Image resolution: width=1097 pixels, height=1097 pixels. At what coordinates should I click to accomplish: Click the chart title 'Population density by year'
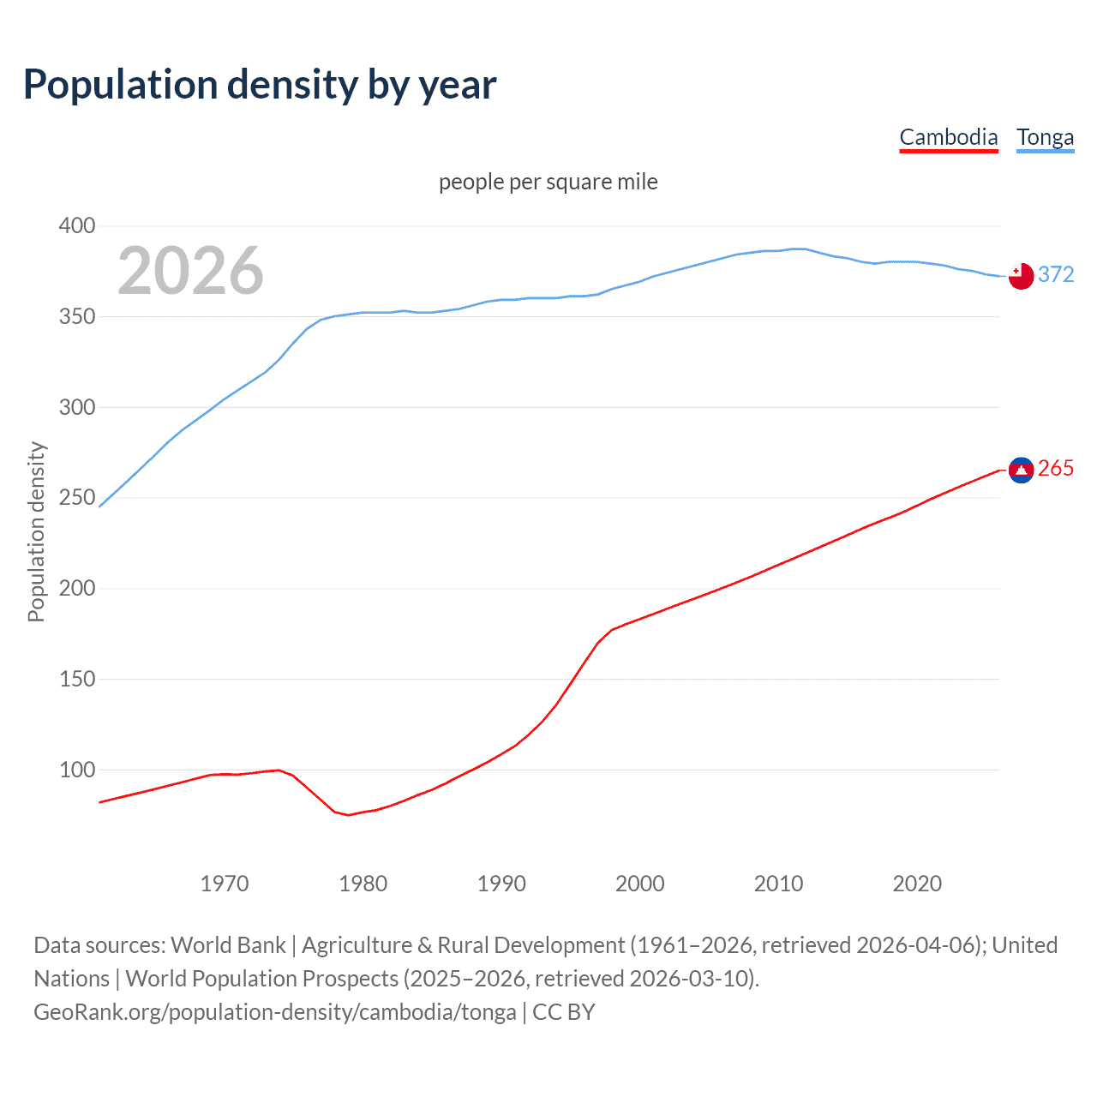260,85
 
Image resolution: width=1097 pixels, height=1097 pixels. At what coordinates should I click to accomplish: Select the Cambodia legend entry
949,137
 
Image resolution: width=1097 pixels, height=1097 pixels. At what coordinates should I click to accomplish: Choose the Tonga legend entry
1045,137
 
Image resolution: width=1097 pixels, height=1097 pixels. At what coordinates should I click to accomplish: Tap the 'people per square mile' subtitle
548,182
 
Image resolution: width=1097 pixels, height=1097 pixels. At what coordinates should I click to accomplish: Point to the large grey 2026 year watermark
190,271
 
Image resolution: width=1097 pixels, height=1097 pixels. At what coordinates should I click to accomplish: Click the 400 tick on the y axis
76,226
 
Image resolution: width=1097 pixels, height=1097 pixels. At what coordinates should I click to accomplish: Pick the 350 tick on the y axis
76,317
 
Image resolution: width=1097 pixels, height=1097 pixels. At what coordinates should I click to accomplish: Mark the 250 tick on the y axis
76,498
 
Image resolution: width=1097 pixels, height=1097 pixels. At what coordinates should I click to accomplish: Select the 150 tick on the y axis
76,679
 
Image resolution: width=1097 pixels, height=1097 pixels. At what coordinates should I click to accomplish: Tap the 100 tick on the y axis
76,770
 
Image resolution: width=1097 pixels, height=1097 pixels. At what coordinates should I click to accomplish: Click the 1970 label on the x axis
225,884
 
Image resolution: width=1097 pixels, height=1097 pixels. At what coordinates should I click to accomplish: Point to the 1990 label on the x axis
501,884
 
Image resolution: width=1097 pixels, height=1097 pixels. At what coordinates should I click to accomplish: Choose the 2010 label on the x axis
778,884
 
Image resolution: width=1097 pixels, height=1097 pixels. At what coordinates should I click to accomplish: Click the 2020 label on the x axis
917,884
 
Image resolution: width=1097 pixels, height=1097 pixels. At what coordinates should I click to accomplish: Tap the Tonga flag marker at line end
1021,276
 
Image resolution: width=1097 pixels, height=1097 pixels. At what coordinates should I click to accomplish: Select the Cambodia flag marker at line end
1021,470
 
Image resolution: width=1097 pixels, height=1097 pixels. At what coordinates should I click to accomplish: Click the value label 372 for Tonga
1056,274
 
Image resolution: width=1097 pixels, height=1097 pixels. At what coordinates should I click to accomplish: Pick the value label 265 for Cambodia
1056,468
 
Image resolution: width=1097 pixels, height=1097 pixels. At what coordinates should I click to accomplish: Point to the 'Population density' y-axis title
36,531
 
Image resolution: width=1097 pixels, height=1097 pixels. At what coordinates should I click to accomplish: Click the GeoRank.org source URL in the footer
275,1012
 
